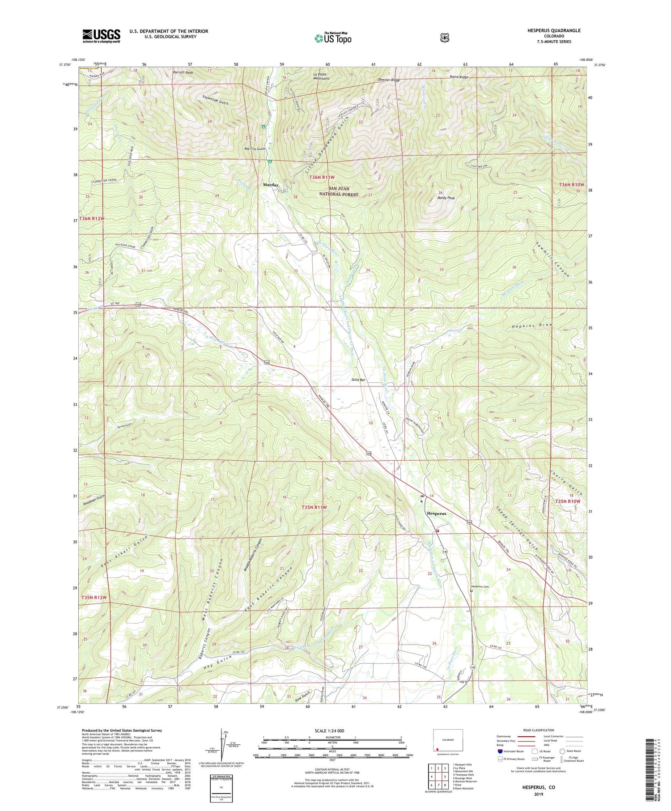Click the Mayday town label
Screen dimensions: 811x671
[x=271, y=185]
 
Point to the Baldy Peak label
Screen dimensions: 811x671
[x=446, y=198]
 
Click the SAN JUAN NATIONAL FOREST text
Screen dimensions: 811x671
[x=338, y=191]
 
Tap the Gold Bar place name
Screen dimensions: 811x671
[x=358, y=380]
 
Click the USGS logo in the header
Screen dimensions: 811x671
[x=102, y=36]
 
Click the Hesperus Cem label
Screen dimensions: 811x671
[x=480, y=586]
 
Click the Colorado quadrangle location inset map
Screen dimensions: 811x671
[x=448, y=740]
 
